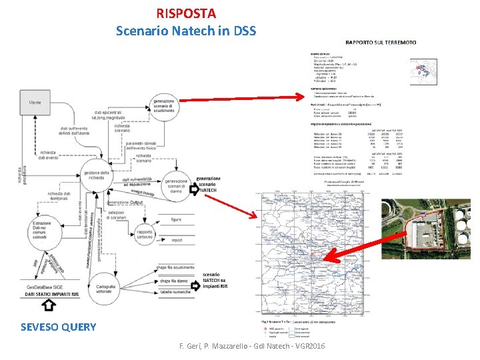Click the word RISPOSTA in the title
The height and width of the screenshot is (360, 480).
(x=186, y=13)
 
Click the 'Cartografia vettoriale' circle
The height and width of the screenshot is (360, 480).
(x=110, y=285)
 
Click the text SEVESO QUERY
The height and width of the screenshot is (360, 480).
(x=58, y=327)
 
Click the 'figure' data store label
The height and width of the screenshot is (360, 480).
(x=175, y=219)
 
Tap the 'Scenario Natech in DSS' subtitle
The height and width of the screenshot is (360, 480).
(x=186, y=30)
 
